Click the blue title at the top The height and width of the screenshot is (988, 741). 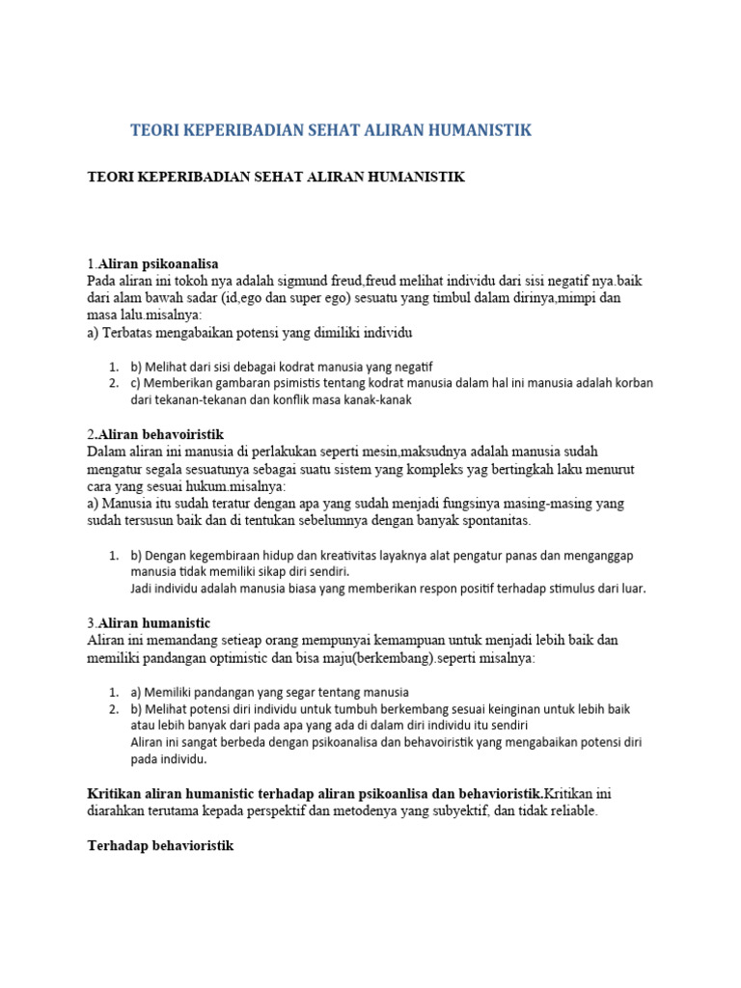point(331,130)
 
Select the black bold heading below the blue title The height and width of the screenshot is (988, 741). point(276,178)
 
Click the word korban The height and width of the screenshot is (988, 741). point(632,383)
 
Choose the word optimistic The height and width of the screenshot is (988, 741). point(244,657)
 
